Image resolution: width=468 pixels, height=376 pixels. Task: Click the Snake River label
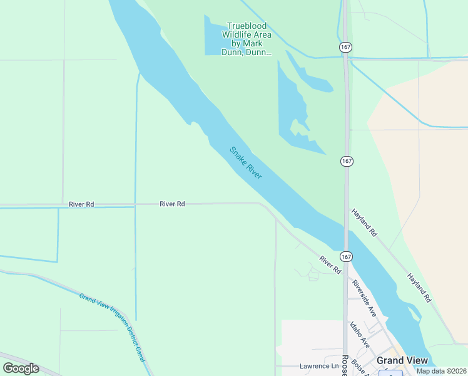coord(245,163)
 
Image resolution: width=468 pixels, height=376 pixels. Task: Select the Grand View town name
coord(402,360)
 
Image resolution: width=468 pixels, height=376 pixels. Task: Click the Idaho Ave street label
coord(360,334)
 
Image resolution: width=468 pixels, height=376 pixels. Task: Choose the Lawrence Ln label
coord(317,366)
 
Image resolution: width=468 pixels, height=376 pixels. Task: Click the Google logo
coord(21,368)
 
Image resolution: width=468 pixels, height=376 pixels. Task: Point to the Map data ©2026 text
coord(441,371)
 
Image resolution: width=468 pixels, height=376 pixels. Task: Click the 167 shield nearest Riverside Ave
coord(347,257)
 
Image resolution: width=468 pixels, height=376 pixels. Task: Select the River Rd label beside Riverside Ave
coord(330,264)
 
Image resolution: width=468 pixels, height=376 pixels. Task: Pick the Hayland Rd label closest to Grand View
coord(420,288)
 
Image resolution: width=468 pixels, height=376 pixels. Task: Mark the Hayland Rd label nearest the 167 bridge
coord(364,222)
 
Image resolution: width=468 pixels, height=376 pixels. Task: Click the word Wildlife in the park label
coord(247,35)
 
